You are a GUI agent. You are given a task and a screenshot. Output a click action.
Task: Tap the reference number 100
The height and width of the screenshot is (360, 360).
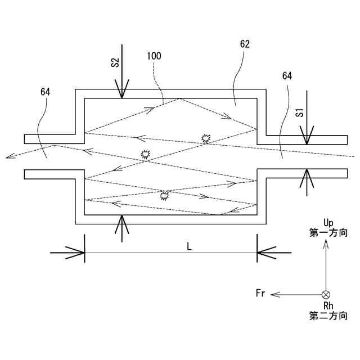[x=154, y=56]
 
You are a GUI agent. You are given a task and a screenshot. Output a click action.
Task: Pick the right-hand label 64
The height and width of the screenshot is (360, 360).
[x=286, y=75]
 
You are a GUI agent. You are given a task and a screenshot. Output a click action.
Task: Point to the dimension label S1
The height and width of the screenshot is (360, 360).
[x=299, y=112]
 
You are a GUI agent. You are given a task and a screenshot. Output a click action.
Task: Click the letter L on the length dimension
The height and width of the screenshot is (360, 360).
[x=190, y=246]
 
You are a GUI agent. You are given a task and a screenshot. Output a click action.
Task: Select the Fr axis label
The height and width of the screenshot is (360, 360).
[x=260, y=294]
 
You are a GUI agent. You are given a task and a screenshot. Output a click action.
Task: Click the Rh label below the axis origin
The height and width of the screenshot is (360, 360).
[x=329, y=305]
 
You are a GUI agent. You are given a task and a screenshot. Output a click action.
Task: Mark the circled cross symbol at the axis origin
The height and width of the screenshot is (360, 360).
[x=326, y=294]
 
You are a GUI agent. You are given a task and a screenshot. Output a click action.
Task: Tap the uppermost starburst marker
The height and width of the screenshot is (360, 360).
[x=206, y=138]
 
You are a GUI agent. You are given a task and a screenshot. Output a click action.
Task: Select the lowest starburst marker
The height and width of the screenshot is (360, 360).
[x=164, y=196]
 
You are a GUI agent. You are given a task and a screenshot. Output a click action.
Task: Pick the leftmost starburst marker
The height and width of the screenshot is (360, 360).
[x=145, y=155]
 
